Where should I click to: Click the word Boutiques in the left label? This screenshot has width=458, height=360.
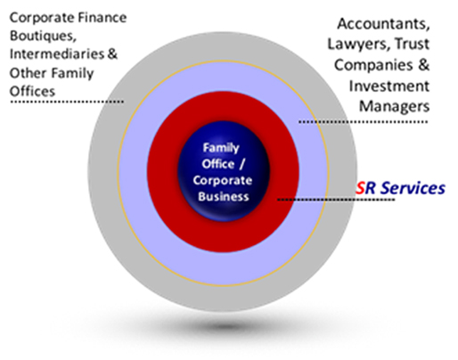click(41, 37)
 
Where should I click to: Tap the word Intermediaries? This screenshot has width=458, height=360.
click(57, 54)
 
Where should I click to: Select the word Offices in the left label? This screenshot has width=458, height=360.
click(32, 91)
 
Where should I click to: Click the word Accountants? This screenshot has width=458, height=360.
click(383, 24)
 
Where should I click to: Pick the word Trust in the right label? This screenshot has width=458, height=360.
click(412, 44)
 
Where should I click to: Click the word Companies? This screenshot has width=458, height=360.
click(373, 65)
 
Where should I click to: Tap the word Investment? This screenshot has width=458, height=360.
click(389, 86)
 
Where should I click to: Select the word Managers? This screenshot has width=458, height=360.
click(394, 107)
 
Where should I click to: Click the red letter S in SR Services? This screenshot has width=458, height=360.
click(360, 188)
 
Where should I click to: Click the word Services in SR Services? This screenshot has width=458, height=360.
click(413, 188)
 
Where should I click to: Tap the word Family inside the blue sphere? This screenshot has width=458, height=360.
click(221, 148)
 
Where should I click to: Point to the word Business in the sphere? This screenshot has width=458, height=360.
click(224, 197)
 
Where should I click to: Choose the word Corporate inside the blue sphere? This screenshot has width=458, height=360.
click(223, 181)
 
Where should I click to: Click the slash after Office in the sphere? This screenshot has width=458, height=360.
click(241, 165)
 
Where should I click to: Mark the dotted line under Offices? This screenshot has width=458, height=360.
click(67, 102)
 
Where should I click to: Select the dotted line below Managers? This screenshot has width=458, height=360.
click(363, 121)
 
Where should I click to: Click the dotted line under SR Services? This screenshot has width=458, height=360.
click(336, 200)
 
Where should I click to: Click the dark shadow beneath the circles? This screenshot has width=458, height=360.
click(225, 327)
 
